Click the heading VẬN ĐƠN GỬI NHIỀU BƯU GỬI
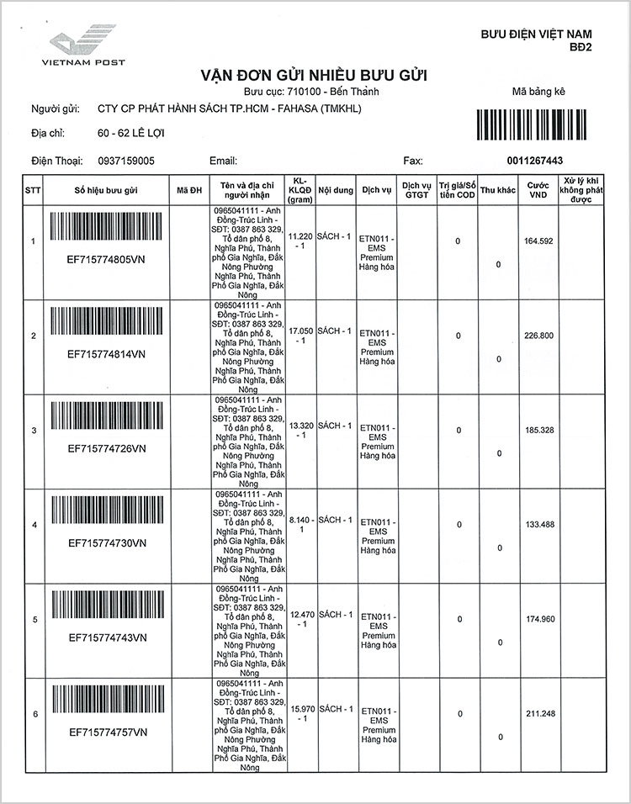click(314, 76)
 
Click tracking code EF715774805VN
click(106, 260)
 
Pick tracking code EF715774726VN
click(106, 448)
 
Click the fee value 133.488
click(538, 525)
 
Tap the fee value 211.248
click(538, 714)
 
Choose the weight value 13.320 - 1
click(301, 431)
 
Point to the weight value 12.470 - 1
click(301, 620)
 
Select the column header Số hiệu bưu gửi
click(106, 190)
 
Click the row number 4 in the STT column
click(34, 525)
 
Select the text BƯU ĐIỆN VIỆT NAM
click(536, 34)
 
